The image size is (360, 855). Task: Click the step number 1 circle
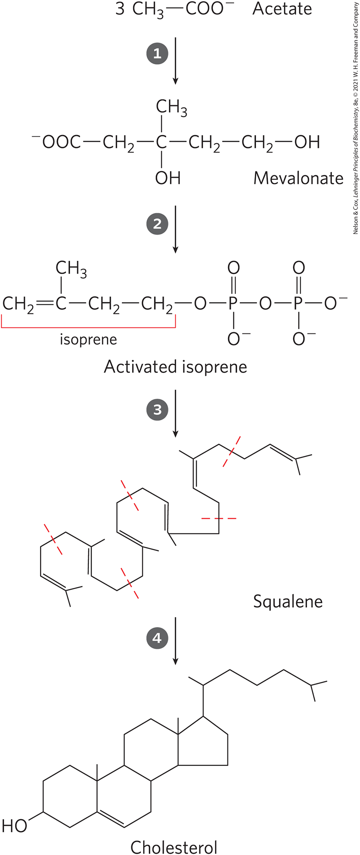[157, 54]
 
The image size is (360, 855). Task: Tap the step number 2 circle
[157, 224]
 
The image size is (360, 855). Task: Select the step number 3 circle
[157, 410]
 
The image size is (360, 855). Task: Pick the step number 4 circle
[157, 638]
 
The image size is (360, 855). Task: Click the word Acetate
[282, 9]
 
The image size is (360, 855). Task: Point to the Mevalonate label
[298, 178]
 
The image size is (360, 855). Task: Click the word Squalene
[288, 601]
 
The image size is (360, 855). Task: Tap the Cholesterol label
[174, 846]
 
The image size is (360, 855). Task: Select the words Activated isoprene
[175, 367]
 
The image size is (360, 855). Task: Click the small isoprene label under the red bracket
[89, 339]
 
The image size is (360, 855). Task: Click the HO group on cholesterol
[15, 826]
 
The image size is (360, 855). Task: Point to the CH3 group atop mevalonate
[171, 107]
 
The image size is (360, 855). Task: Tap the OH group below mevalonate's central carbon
[168, 177]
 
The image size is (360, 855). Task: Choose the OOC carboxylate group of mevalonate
[58, 142]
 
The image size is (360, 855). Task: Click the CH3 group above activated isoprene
[71, 269]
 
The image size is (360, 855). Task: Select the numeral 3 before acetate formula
[120, 9]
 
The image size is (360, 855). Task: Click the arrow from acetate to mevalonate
[175, 60]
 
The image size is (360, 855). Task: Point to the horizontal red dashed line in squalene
[218, 519]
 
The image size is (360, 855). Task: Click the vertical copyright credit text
[356, 118]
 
